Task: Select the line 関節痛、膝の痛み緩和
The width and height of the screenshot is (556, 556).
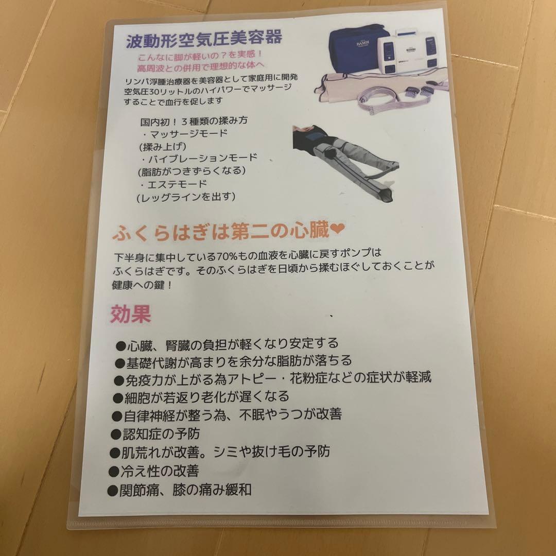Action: tap(180, 490)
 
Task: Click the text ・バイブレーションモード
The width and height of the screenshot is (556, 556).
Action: tap(198, 158)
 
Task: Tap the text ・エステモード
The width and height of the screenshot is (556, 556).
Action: tap(173, 183)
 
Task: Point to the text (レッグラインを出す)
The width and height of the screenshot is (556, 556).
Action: tap(186, 196)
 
